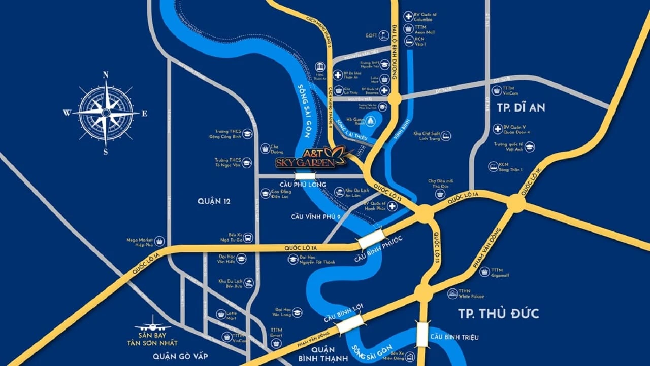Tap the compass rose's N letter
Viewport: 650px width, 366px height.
(x=106, y=75)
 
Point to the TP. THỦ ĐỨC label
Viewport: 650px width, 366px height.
(x=498, y=313)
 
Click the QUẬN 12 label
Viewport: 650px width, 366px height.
(x=214, y=201)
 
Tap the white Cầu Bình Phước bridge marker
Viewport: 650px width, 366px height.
(x=370, y=238)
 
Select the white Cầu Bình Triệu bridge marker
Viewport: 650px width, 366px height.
(x=422, y=335)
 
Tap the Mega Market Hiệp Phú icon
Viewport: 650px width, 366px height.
(x=159, y=241)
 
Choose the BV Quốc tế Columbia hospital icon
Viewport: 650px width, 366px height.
(x=408, y=16)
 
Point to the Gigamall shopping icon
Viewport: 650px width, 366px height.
(x=484, y=272)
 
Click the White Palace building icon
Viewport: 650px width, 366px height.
(x=452, y=293)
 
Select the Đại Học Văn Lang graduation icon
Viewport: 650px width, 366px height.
(x=297, y=312)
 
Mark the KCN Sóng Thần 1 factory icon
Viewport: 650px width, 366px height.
(x=493, y=166)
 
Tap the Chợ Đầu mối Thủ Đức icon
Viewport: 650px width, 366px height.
(x=440, y=194)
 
